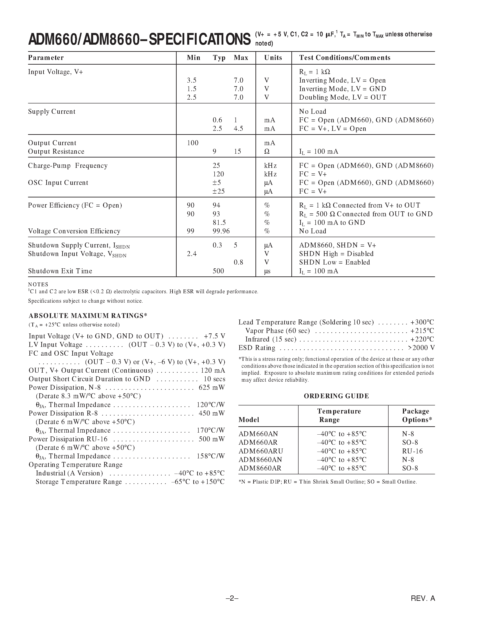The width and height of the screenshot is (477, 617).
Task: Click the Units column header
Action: [x=273, y=58]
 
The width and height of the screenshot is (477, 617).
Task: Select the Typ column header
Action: [x=219, y=58]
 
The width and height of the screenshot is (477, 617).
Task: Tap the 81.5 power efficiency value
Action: [x=219, y=223]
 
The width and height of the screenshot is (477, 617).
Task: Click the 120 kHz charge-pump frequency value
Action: [x=218, y=174]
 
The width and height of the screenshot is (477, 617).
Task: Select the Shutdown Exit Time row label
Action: [x=60, y=271]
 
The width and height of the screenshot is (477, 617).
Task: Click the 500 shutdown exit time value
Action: [x=218, y=271]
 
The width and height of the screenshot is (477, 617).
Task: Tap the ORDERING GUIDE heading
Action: [x=336, y=396]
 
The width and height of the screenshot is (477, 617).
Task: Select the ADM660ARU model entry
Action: [x=261, y=451]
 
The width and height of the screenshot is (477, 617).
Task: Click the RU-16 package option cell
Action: [x=412, y=451]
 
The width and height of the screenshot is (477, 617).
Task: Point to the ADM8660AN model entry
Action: [x=260, y=460]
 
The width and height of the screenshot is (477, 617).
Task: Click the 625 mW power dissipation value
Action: [x=212, y=388]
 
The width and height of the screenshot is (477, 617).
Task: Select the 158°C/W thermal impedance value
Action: [x=211, y=456]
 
